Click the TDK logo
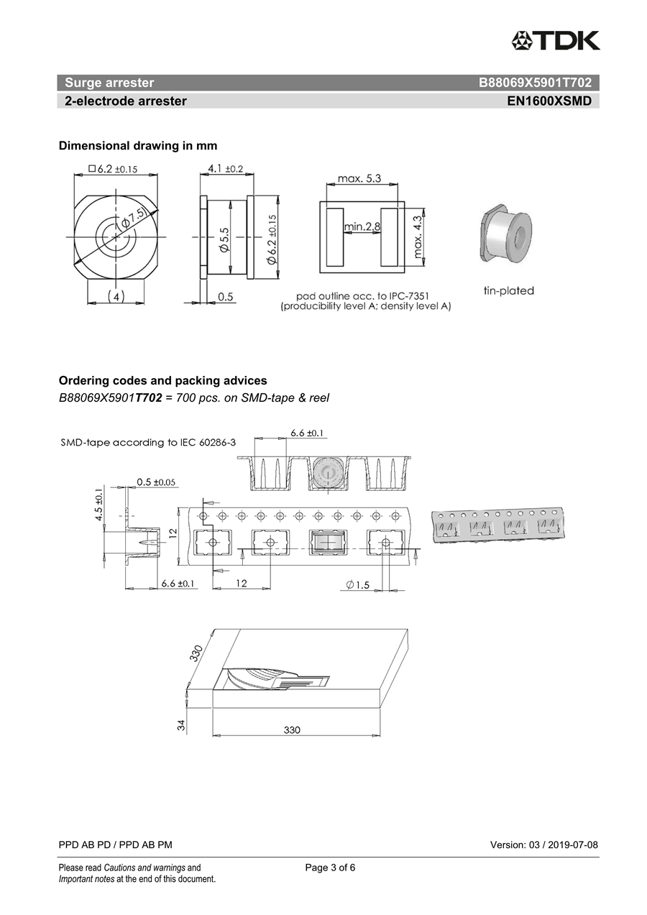point(555,40)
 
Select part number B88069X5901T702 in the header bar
point(535,83)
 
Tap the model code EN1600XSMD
point(549,101)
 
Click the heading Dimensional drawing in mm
point(137,146)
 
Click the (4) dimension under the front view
point(115,296)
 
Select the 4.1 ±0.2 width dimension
point(225,169)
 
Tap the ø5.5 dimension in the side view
point(224,239)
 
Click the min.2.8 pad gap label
point(362,227)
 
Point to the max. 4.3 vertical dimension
point(418,236)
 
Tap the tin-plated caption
point(508,291)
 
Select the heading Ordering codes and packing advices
point(162,381)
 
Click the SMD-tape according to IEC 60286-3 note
point(148,443)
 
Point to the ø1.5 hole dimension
point(357,585)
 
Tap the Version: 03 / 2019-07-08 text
point(543,845)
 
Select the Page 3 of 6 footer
point(330,868)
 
